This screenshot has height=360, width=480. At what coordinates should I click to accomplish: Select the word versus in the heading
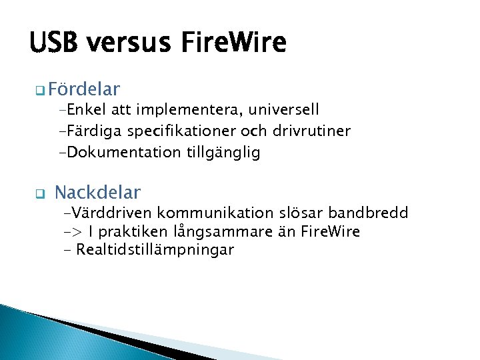(130, 43)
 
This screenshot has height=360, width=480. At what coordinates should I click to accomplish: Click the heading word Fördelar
(84, 89)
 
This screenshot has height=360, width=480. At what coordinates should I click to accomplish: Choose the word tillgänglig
(223, 153)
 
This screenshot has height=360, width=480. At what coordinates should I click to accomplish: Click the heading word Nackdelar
(97, 193)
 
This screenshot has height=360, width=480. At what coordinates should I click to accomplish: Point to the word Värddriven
(109, 213)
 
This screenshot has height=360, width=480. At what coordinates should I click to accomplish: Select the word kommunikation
(208, 213)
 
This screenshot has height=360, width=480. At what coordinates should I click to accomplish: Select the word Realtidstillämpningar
(155, 251)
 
